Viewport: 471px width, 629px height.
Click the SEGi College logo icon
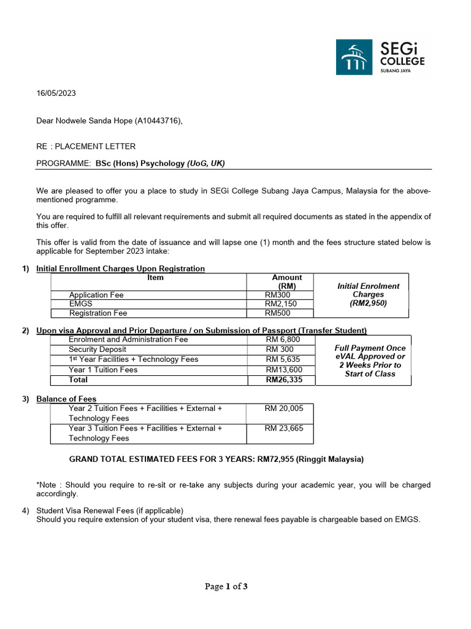353,57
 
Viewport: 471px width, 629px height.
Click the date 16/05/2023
56,94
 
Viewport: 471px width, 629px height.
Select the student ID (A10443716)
158,120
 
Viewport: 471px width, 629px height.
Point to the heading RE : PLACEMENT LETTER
86,146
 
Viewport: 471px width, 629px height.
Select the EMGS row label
80,303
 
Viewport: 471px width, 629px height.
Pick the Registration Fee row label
98,313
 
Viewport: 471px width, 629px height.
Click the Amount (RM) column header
286,282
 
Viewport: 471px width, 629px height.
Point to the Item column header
156,278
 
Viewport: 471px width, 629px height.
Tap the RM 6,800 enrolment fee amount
283,340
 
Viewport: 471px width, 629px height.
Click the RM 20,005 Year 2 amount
284,408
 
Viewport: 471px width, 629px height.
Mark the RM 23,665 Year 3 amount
284,429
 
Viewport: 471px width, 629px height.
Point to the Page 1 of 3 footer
226,587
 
